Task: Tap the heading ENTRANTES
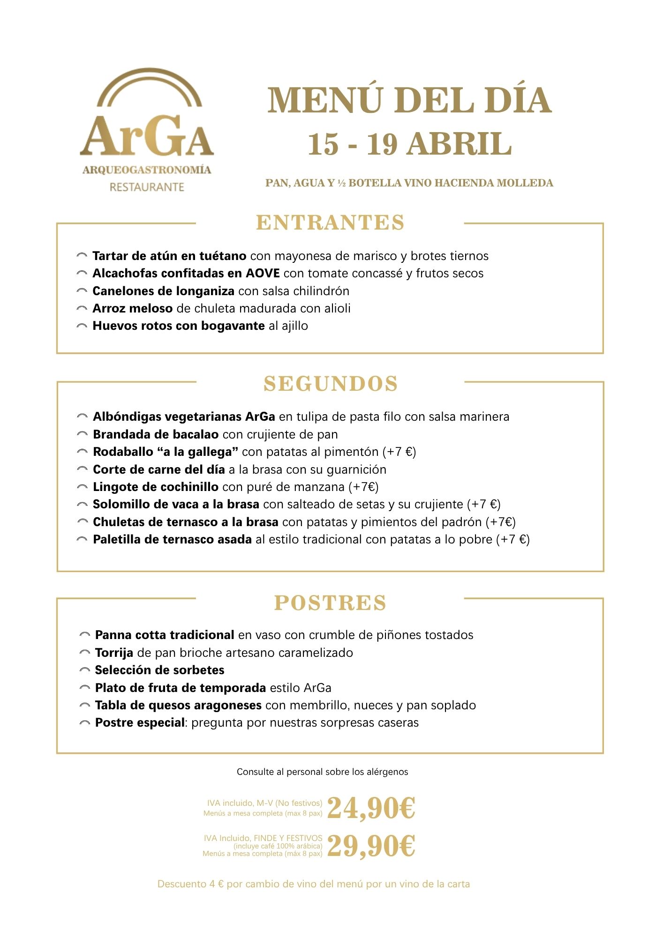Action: coord(330,223)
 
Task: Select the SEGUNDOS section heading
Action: coord(331,384)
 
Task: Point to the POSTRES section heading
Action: coord(330,603)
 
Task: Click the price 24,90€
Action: coord(371,808)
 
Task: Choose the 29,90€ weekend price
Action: coord(371,846)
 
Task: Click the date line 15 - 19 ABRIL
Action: coord(409,144)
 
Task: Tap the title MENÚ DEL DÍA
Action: coord(409,100)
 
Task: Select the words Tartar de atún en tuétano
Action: coord(169,256)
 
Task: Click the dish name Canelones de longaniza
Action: coord(163,291)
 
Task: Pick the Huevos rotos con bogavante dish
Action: coord(179,326)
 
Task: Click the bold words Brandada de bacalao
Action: coord(156,434)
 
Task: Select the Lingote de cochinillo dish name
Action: coord(156,487)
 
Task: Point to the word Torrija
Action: coord(114,653)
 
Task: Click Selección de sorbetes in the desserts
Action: coord(159,670)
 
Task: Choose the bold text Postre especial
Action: coord(140,722)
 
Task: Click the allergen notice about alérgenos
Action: coord(322,772)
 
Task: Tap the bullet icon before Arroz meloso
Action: coord(82,309)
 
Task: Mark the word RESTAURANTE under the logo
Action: coord(147,187)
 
